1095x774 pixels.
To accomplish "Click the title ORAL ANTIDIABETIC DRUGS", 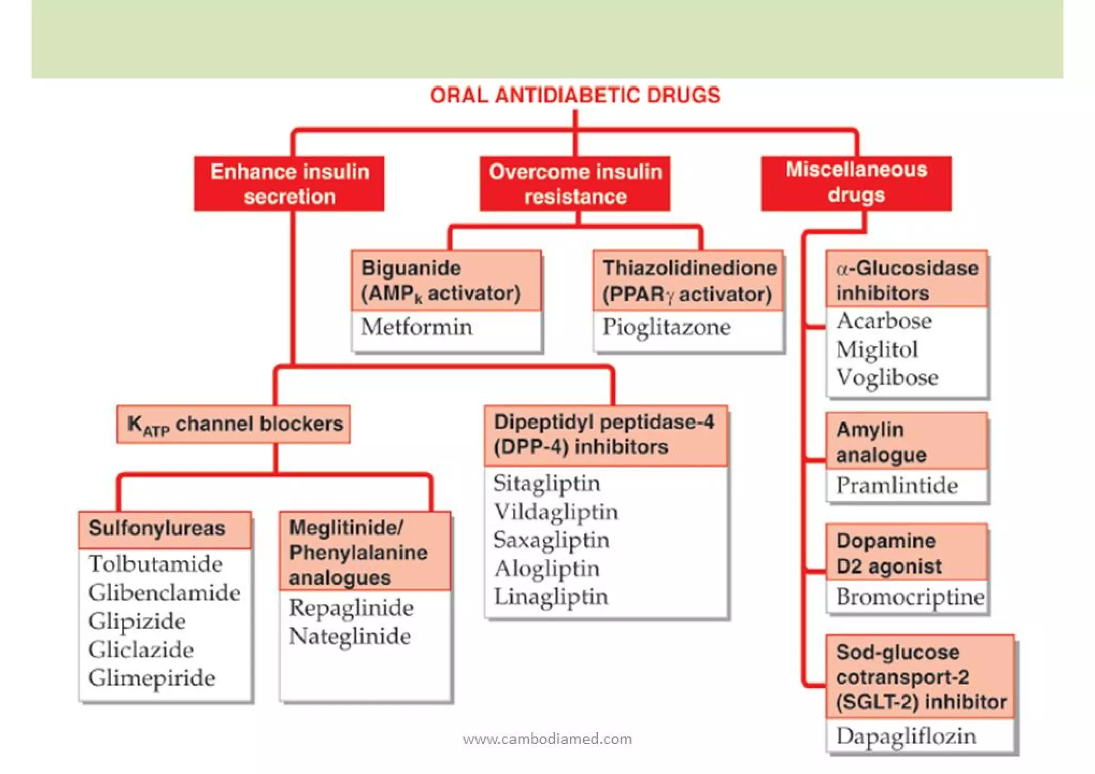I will coord(575,95).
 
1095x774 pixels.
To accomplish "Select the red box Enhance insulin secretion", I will coord(289,183).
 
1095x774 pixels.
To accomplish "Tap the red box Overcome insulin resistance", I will coord(575,183).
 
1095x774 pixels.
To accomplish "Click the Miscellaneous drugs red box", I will coord(856,182).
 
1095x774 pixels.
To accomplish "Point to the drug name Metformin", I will coord(417,327).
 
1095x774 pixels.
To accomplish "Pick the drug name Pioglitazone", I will coord(666,327).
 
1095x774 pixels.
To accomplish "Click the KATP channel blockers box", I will coord(234,424).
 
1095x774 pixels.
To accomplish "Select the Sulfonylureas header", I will coord(157,528).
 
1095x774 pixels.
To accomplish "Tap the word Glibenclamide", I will coord(164,593).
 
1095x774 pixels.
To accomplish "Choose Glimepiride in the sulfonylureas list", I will coord(152,678).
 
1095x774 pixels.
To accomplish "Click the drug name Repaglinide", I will coord(351,608).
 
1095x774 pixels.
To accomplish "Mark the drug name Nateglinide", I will coord(350,636).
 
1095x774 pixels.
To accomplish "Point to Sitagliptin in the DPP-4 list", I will coord(546,483).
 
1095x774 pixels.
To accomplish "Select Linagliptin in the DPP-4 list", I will coord(551,596).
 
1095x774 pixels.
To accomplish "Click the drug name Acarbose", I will coord(884,321).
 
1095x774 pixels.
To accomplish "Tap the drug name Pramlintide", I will coord(897,486).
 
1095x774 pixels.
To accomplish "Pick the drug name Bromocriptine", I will coord(910,597).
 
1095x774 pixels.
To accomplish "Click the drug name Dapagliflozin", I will coord(906,736).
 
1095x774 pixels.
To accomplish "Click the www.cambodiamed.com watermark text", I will coord(547,739).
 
